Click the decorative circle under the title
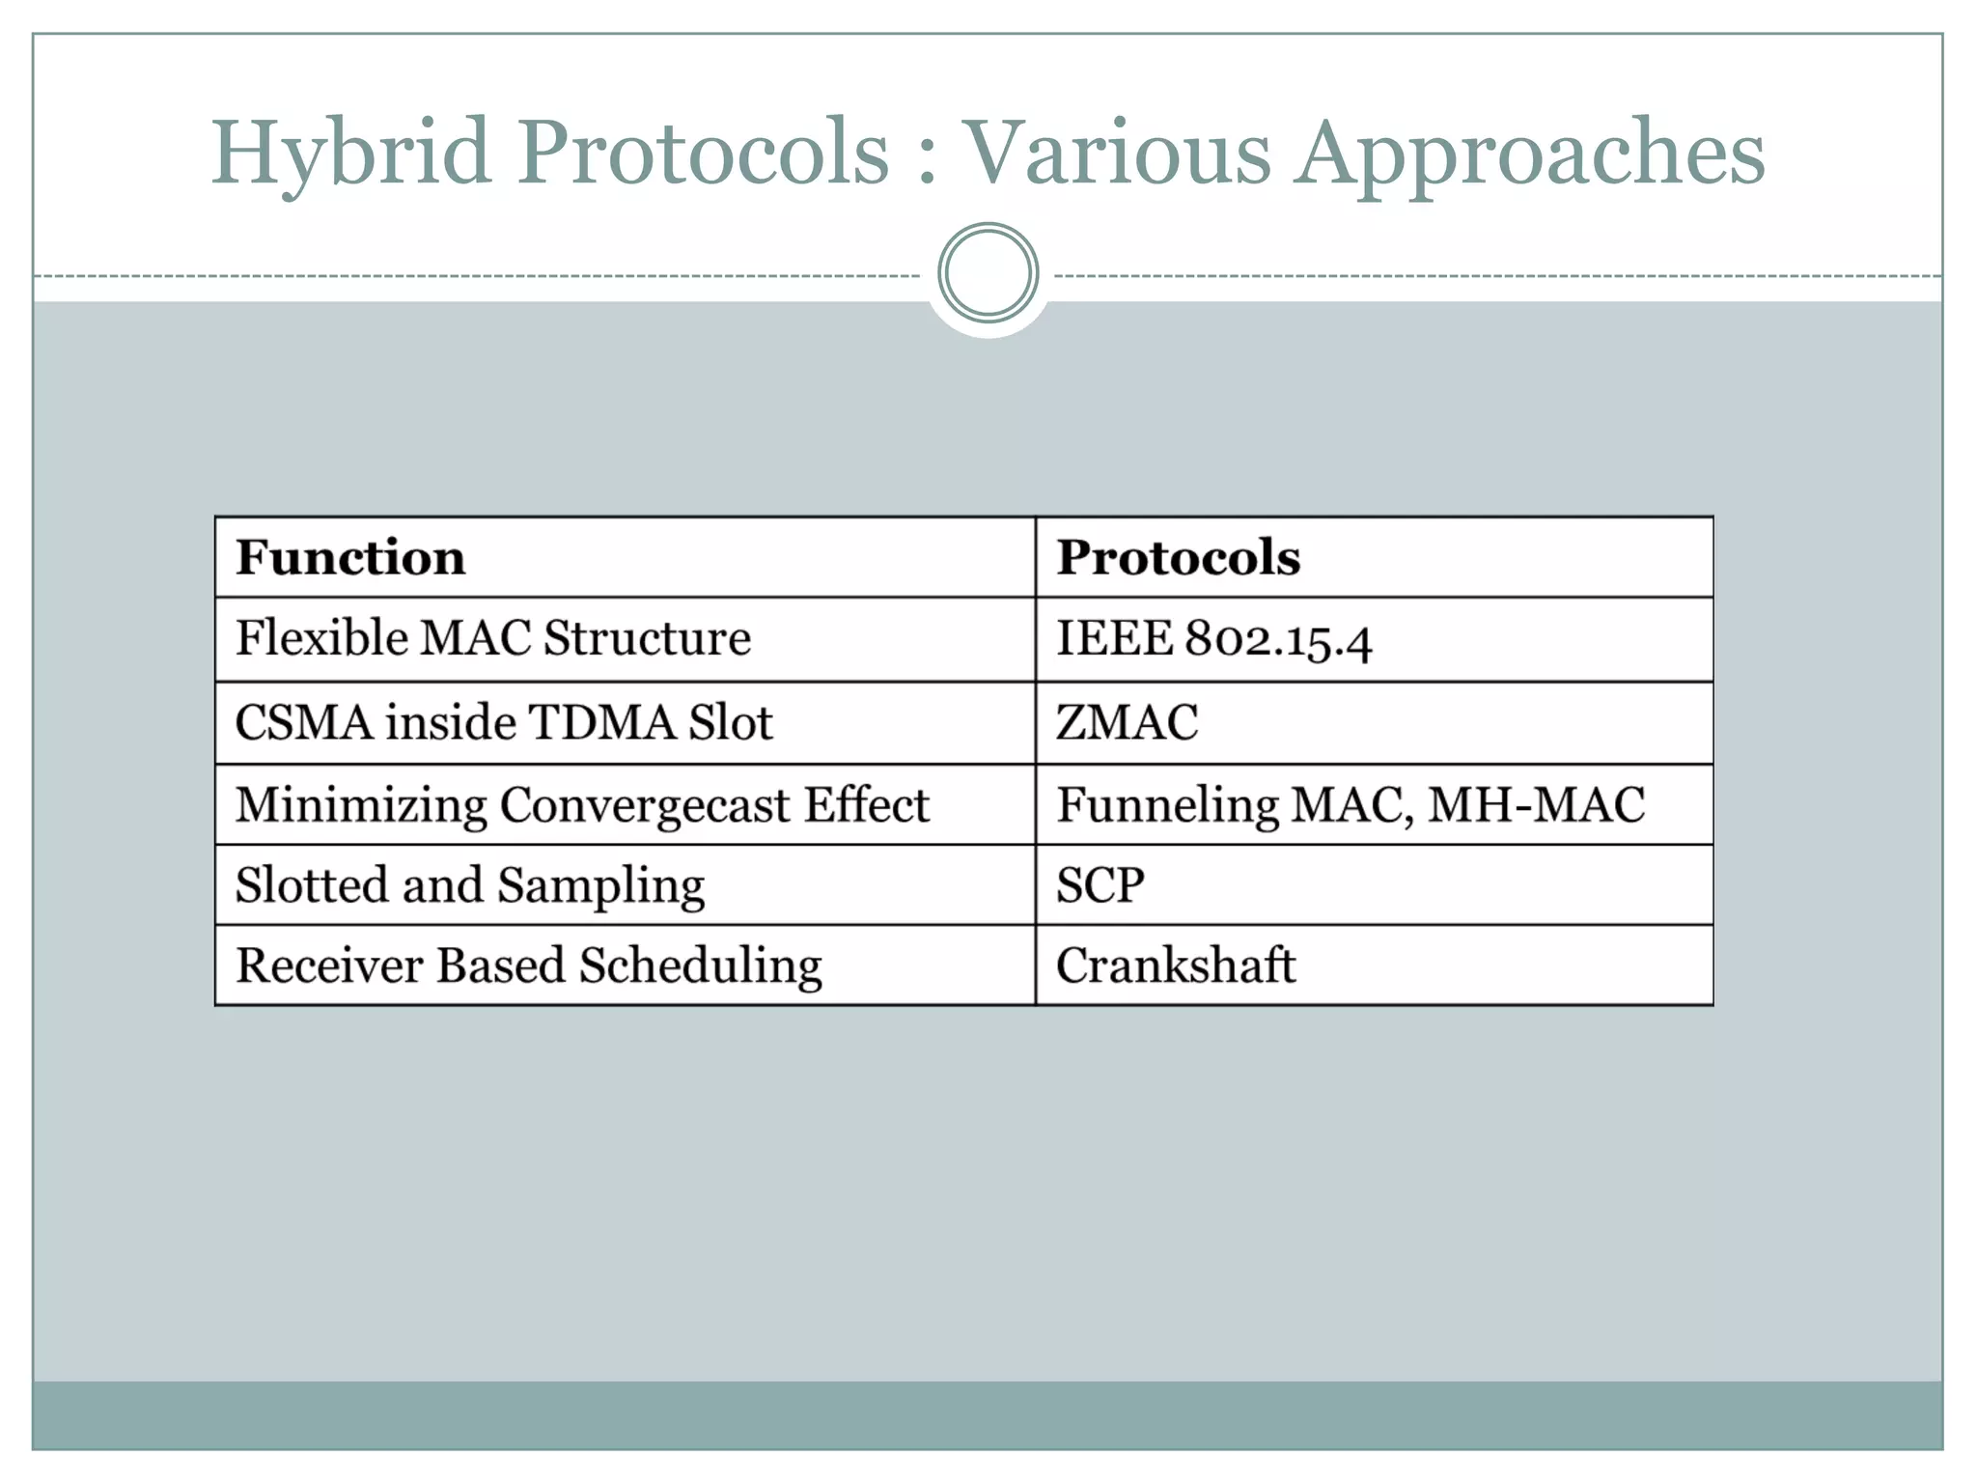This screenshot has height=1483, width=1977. pos(988,273)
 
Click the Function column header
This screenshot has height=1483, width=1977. pos(350,557)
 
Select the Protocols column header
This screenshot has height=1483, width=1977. pos(1178,557)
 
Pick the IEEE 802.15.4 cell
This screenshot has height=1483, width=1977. pos(1213,639)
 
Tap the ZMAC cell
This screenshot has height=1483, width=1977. pos(1127,722)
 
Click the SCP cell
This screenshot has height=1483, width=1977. pos(1100,884)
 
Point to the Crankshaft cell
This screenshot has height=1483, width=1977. pos(1175,965)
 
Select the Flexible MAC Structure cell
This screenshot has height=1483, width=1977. pos(493,638)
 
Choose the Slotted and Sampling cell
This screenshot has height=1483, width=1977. pos(470,885)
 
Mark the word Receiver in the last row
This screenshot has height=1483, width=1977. pos(329,965)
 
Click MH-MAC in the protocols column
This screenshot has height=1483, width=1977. pos(1536,804)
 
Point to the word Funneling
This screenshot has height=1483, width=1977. pos(1167,805)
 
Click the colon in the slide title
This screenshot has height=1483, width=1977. pos(927,159)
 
